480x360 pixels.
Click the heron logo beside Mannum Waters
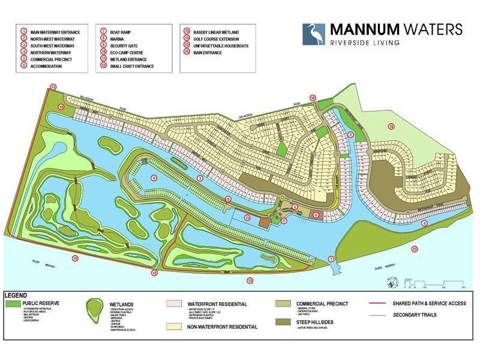[x=313, y=34]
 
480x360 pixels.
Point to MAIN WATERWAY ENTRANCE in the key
[x=55, y=31]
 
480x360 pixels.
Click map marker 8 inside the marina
[x=154, y=178]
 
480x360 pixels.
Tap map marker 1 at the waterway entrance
[x=331, y=259]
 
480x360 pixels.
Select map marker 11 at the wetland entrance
[x=53, y=88]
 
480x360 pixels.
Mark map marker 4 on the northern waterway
[x=424, y=223]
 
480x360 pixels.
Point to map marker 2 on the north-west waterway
[x=350, y=134]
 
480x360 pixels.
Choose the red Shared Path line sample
[x=373, y=304]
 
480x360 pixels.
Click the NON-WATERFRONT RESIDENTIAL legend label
[x=223, y=327]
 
